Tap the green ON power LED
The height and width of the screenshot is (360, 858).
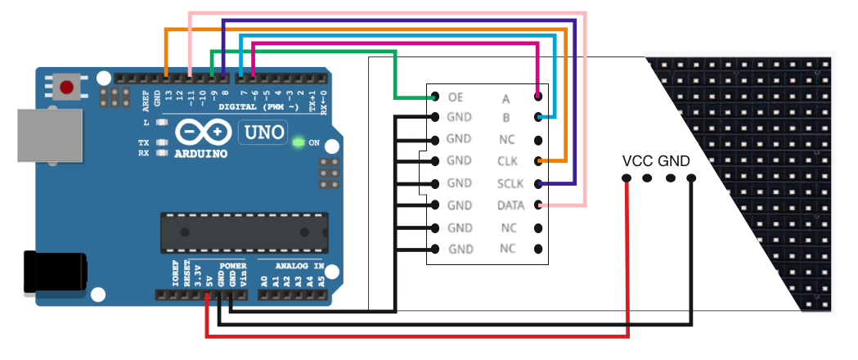click(x=299, y=143)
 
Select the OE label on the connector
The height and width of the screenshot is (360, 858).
click(x=456, y=97)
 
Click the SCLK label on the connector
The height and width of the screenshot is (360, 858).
click(x=508, y=182)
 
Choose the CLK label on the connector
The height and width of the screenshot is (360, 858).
click(x=508, y=161)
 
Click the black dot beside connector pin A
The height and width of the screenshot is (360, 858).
click(x=537, y=97)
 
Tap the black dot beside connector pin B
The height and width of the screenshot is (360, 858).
click(x=537, y=118)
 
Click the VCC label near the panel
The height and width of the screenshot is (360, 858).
click(x=638, y=160)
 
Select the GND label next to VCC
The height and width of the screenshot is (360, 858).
click(x=675, y=160)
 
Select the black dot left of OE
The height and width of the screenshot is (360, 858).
click(x=433, y=97)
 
